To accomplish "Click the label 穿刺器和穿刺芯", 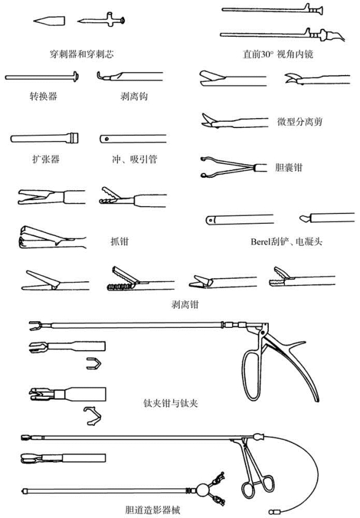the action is (82, 54).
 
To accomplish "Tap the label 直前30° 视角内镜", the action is (278, 54).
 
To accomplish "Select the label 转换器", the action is (43, 96).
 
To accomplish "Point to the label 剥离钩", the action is (134, 96).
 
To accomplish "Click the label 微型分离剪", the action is (300, 122).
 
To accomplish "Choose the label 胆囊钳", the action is (289, 167).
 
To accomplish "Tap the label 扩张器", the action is (46, 159).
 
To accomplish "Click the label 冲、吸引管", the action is (134, 159).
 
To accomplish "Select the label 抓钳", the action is (119, 241).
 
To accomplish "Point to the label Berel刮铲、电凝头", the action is (286, 242).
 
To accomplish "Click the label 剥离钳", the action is (185, 305).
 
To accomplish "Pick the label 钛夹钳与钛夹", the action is (170, 403).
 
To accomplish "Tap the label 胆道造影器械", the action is (153, 510).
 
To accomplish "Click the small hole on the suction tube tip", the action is (106, 139).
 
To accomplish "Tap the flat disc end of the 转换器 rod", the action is (76, 77).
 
